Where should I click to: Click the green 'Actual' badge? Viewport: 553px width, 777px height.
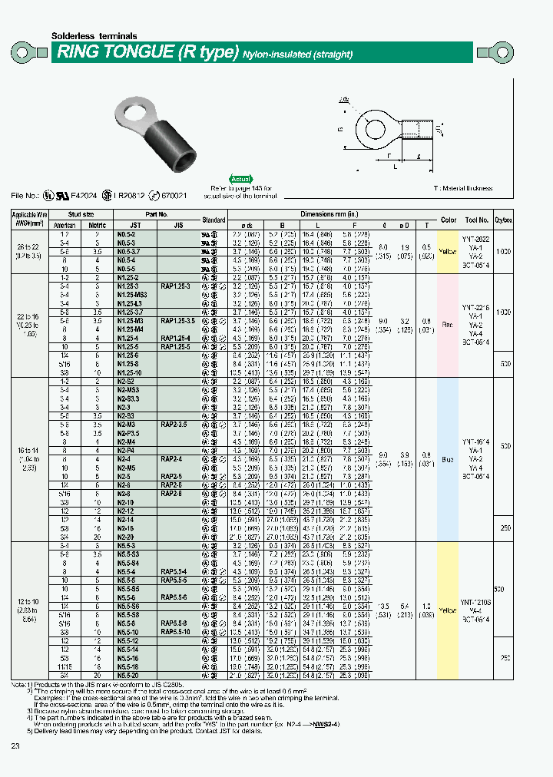241,178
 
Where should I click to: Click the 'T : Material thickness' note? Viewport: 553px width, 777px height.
462,188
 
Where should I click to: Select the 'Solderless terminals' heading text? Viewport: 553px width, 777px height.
94,36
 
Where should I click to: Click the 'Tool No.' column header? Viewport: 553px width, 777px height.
475,220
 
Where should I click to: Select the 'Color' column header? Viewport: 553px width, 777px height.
448,220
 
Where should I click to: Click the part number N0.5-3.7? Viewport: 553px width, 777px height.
128,251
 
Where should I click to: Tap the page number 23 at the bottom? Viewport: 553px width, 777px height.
16,748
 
